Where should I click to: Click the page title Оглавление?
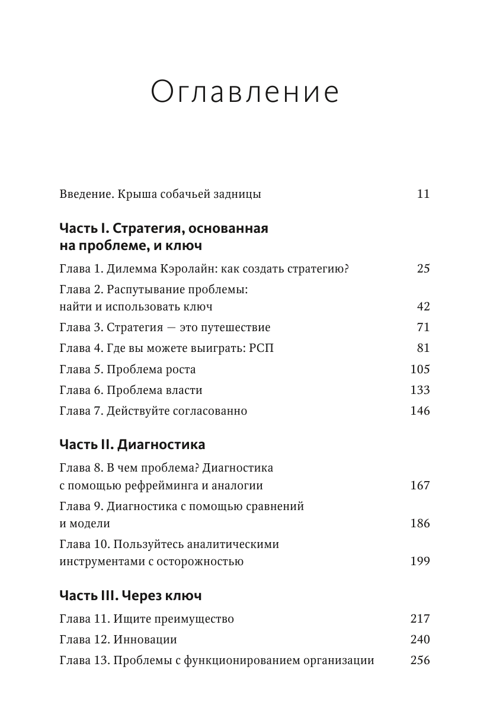coord(245,93)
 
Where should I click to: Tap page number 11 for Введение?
coord(422,194)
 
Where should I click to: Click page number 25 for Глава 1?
coord(422,268)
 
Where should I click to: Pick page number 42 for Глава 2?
coord(422,307)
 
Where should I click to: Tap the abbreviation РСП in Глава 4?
coord(261,348)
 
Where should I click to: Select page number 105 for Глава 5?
coord(419,369)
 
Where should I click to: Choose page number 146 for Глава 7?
coord(419,411)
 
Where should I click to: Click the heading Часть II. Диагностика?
coord(133,444)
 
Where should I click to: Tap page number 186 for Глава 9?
coord(419,524)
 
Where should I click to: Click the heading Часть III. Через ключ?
coord(132,595)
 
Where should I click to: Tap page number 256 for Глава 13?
coord(419,661)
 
